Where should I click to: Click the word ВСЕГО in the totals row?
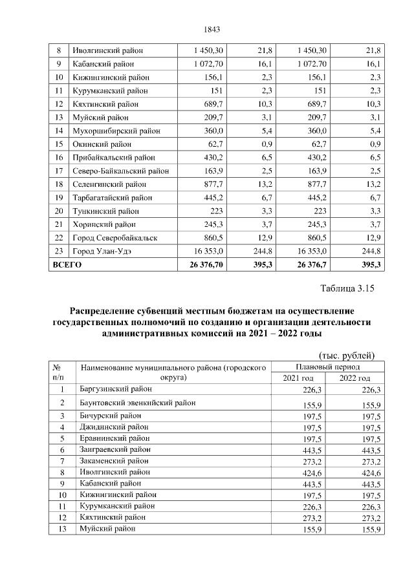[x=68, y=265]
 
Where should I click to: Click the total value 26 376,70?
[x=206, y=265]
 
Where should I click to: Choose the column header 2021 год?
[x=298, y=378]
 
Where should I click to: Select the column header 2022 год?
[x=355, y=378]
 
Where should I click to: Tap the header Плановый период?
[x=327, y=367]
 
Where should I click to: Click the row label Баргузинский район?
[x=116, y=390]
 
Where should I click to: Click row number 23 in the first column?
[x=59, y=251]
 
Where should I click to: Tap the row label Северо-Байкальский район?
[x=121, y=171]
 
